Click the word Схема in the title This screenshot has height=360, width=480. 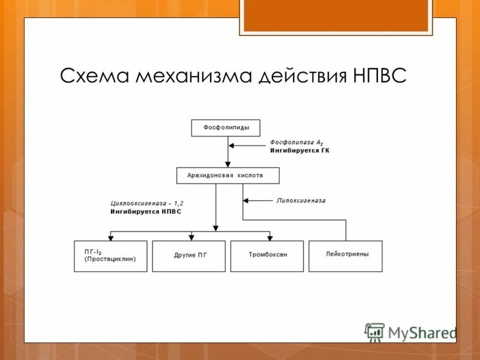pyautogui.click(x=95, y=76)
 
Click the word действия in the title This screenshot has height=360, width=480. pyautogui.click(x=299, y=76)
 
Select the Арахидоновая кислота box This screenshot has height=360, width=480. pyautogui.click(x=228, y=176)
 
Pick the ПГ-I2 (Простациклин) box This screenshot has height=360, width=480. pyautogui.click(x=110, y=256)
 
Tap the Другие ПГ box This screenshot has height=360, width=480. pyautogui.click(x=189, y=256)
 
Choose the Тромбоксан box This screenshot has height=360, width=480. pyautogui.click(x=267, y=256)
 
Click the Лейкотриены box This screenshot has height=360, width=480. pyautogui.click(x=346, y=256)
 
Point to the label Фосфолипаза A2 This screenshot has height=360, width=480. pyautogui.click(x=296, y=142)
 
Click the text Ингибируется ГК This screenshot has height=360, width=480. pyautogui.click(x=299, y=151)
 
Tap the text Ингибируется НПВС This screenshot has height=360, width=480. pyautogui.click(x=145, y=212)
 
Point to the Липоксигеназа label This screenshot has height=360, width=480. pyautogui.click(x=301, y=200)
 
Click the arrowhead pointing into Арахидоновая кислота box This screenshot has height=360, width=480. pyautogui.click(x=227, y=164)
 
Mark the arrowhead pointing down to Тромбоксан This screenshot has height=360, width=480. pyautogui.click(x=270, y=237)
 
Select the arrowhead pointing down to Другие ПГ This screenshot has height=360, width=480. pyautogui.click(x=191, y=237)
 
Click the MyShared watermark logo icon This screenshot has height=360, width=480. pyautogui.click(x=375, y=332)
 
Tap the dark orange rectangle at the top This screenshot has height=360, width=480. pyautogui.click(x=335, y=16)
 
